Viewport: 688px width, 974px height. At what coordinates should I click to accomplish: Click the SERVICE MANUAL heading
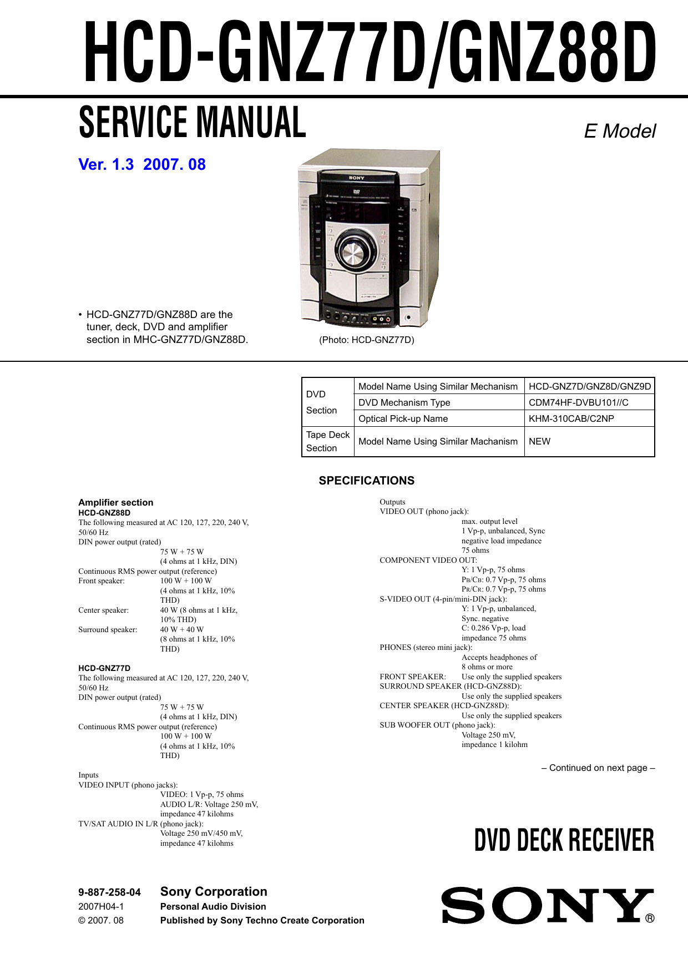pos(192,123)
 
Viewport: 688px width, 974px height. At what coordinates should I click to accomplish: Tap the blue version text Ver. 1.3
pos(107,165)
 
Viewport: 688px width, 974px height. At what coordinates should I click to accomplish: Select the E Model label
pos(619,132)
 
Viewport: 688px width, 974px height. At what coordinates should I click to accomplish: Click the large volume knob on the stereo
pos(352,253)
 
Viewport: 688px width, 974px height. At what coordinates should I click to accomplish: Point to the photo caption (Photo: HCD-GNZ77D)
pos(366,340)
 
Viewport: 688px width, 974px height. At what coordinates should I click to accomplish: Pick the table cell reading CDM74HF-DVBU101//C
pos(578,402)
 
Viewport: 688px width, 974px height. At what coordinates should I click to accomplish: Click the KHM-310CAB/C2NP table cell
pos(571,418)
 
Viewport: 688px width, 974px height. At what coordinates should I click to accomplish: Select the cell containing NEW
pos(539,441)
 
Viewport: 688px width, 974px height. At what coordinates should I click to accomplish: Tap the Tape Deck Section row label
pos(327,441)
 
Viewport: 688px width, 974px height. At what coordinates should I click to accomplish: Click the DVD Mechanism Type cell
pos(404,402)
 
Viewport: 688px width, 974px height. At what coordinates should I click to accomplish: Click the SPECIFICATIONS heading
pos(366,481)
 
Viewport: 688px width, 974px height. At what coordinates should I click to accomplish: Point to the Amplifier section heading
pos(115,502)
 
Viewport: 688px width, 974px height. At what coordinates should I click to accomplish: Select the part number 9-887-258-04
pos(109,892)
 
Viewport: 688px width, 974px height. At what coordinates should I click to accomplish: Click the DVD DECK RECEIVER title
pos(564,840)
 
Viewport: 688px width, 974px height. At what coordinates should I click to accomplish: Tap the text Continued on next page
pos(598,768)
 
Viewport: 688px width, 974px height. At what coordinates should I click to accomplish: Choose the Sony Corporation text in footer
pos(214,891)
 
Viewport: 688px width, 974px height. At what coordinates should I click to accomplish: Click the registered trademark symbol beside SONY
pos(650,919)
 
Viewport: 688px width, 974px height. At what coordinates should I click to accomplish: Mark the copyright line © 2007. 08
pos(101,920)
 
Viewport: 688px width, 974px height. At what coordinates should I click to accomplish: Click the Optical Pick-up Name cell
pos(403,418)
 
